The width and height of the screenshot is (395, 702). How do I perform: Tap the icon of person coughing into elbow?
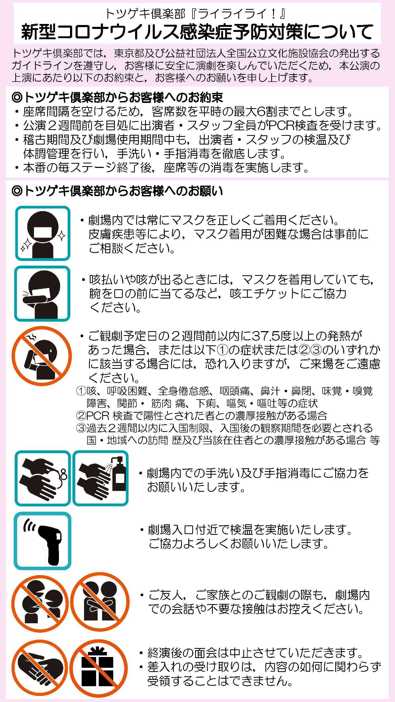(42, 293)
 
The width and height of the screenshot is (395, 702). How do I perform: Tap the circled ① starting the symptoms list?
(81, 391)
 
